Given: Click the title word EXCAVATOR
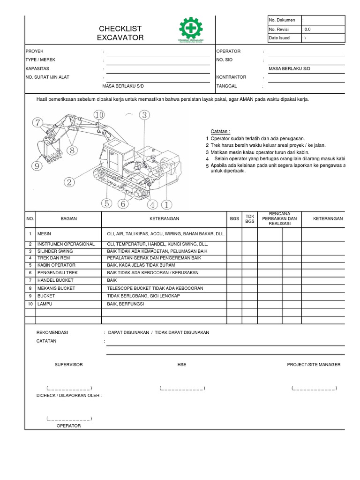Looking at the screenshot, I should click(120, 37).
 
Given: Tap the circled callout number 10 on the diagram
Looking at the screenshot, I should click(99, 115).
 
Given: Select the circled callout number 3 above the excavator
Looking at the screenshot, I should click(144, 115).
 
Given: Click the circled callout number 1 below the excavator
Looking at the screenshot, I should click(167, 204).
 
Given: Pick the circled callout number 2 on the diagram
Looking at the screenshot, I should click(70, 182).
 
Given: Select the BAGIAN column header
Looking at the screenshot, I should click(68, 219).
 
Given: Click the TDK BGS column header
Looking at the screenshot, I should click(249, 219).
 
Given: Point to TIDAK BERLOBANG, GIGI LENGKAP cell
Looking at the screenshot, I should click(143, 296).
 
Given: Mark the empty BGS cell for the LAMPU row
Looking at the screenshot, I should click(234, 304).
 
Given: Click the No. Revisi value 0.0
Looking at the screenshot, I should click(307, 29).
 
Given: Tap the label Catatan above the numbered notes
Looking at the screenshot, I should click(220, 132).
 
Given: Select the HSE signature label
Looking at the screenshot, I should click(182, 365).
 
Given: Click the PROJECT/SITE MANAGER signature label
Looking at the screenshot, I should click(314, 365).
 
